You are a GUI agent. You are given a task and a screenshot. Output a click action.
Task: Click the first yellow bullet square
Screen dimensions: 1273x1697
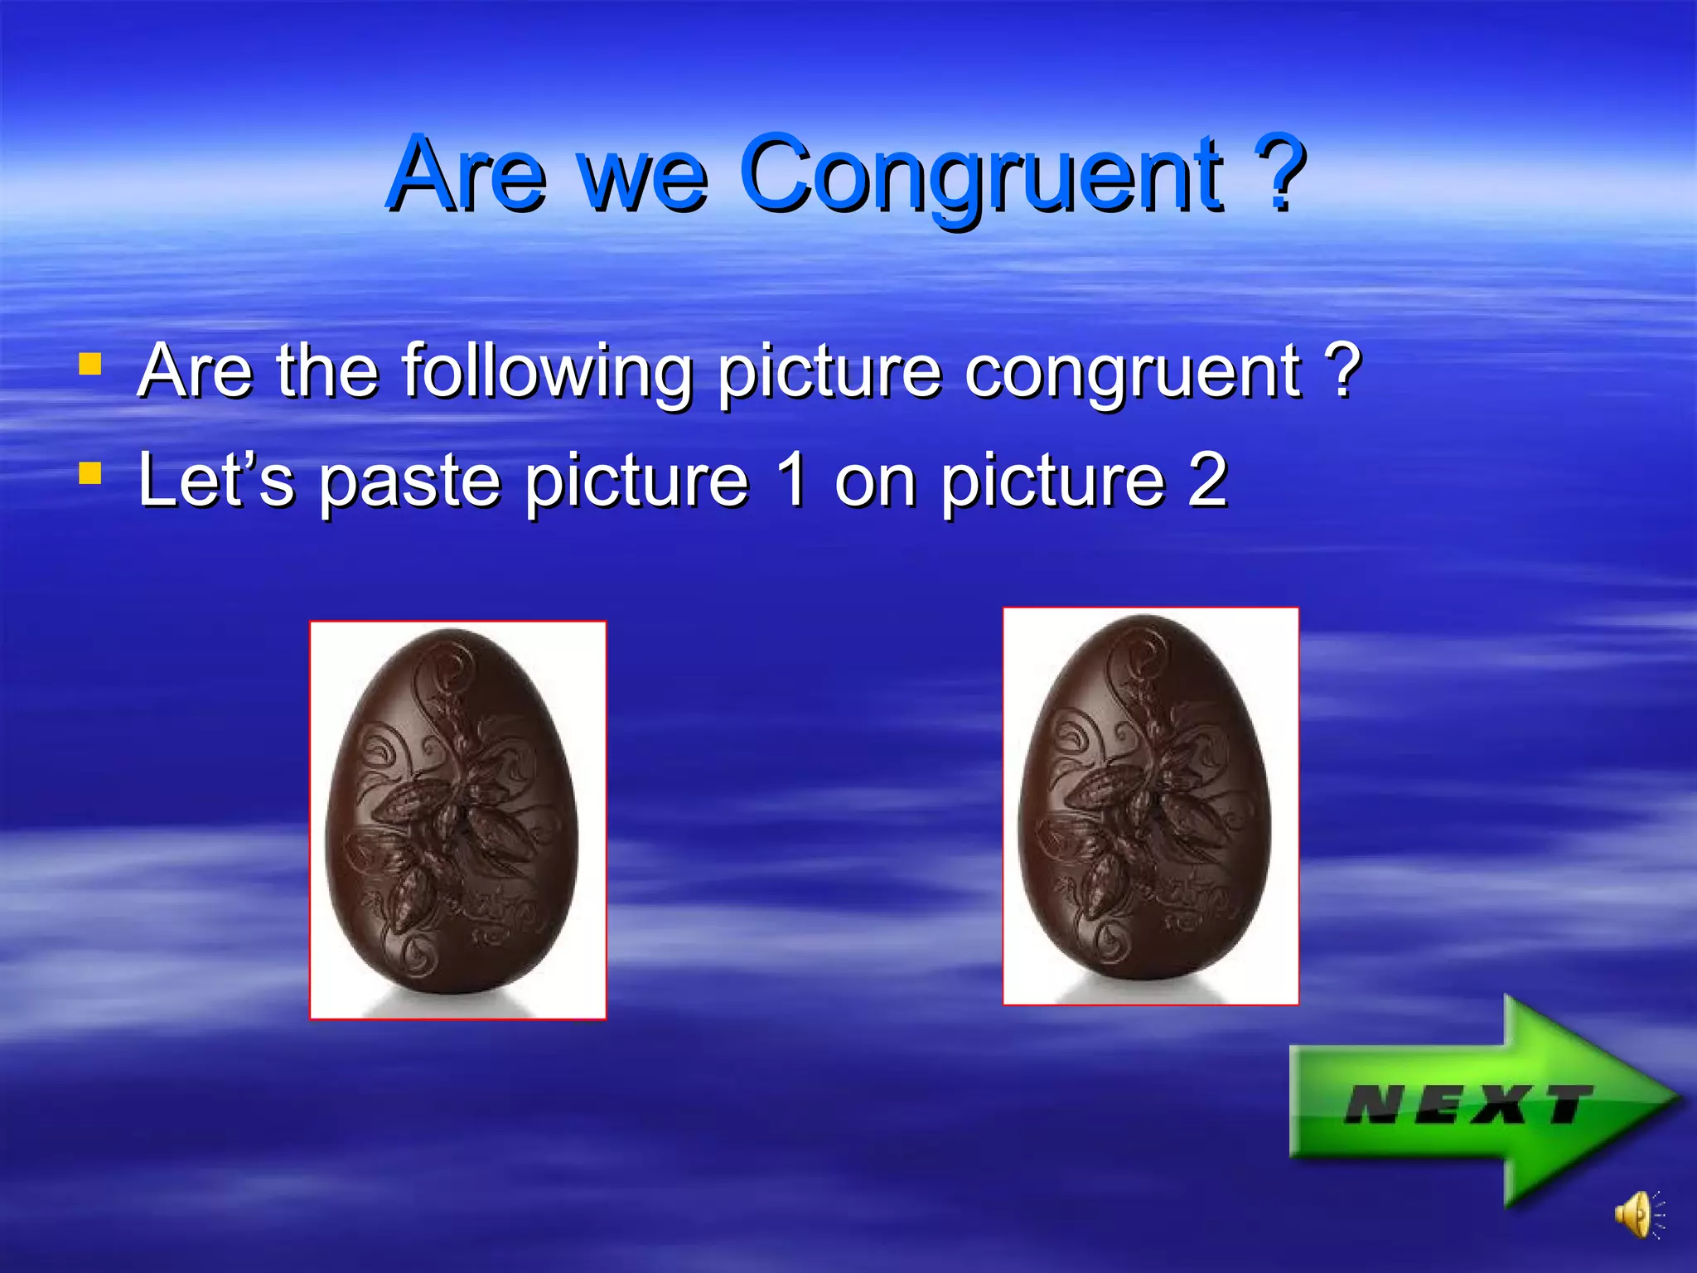click(x=90, y=365)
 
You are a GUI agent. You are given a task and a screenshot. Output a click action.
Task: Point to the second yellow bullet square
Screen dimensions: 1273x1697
click(x=90, y=472)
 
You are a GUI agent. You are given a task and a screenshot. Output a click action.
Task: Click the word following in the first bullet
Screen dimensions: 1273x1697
click(x=547, y=373)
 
